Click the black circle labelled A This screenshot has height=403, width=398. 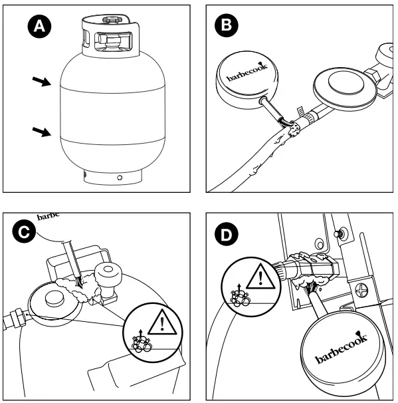tap(39, 26)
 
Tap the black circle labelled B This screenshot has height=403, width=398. tap(226, 25)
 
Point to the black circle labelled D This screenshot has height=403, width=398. tap(226, 234)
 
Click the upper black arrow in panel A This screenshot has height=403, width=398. tap(42, 81)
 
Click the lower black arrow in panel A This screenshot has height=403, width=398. tap(42, 132)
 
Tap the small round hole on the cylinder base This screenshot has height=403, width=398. tap(120, 178)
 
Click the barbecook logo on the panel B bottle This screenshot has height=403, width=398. tap(247, 72)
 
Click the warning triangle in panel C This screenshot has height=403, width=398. tap(162, 324)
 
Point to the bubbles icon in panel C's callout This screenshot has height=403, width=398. tap(141, 342)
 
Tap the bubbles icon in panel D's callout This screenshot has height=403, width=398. tap(240, 296)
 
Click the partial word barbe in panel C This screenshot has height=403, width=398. tap(49, 217)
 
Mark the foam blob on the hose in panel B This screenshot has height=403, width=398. tap(294, 130)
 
